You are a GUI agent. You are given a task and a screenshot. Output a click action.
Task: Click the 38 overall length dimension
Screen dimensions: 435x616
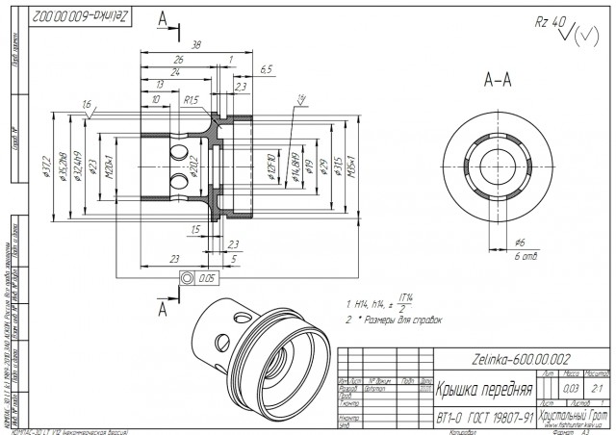196,44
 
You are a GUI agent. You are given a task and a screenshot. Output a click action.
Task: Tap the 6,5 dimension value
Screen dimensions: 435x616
267,68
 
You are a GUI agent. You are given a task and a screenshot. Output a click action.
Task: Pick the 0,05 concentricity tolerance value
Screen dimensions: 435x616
204,278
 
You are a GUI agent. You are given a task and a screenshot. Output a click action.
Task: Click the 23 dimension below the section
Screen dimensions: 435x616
173,259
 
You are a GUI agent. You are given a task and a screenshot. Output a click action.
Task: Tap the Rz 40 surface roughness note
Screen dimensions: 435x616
549,22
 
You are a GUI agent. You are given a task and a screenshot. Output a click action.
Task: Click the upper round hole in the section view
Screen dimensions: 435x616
179,154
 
